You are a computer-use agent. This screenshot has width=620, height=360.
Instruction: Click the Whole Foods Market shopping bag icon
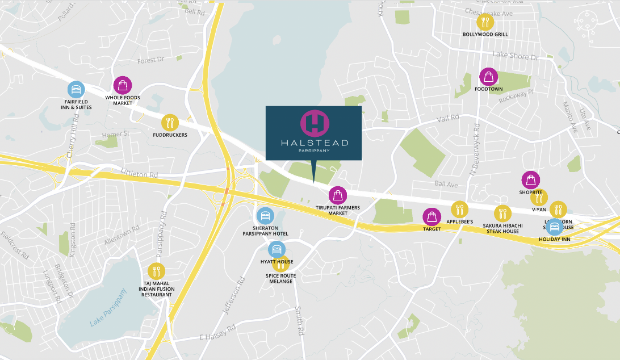(123, 85)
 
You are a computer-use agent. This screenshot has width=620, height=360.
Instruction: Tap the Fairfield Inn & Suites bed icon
(76, 90)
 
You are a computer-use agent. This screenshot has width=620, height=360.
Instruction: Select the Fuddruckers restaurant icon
(170, 123)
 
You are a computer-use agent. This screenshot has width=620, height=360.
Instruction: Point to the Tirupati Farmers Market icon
(338, 195)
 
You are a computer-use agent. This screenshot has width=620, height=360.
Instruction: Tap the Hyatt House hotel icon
(277, 249)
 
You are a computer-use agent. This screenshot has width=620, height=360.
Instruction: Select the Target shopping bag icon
(432, 216)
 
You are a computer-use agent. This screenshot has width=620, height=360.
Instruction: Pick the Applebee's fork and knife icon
(460, 210)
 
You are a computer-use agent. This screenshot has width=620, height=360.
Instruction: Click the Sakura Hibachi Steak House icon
(502, 214)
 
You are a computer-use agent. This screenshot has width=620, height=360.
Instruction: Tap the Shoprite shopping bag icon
(530, 180)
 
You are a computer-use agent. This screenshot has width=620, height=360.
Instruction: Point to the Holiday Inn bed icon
(554, 227)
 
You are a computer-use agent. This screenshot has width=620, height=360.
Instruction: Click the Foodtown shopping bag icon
(488, 77)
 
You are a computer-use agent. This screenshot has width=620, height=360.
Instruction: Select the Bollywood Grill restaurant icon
(485, 22)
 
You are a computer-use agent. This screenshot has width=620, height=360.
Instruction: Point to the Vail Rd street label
(448, 118)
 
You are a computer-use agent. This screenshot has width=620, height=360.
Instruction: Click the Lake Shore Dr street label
(515, 56)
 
